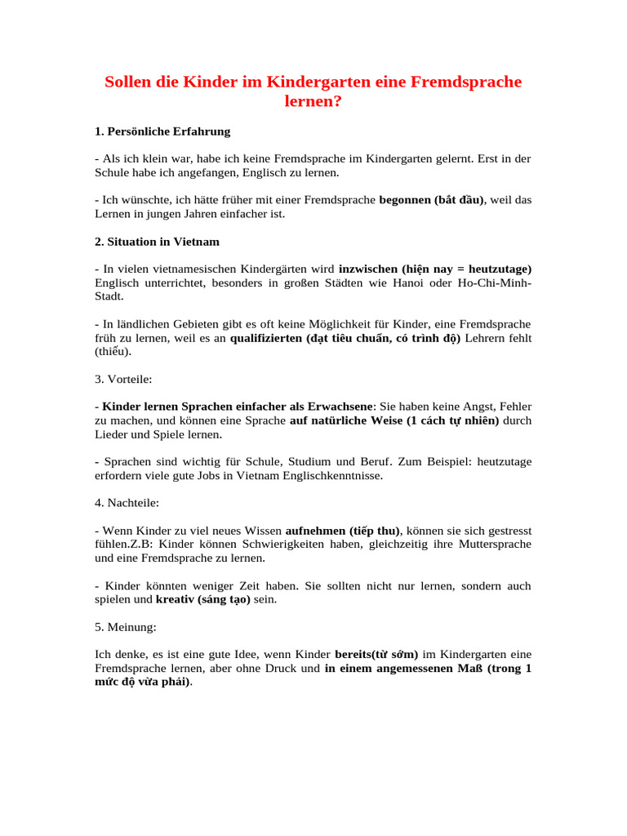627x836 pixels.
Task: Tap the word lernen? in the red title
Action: point(313,103)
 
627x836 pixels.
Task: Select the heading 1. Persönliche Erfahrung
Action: point(162,131)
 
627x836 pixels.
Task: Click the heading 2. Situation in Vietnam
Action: point(157,242)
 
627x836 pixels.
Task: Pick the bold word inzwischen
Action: point(367,269)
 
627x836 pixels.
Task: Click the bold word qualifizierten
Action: point(267,338)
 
